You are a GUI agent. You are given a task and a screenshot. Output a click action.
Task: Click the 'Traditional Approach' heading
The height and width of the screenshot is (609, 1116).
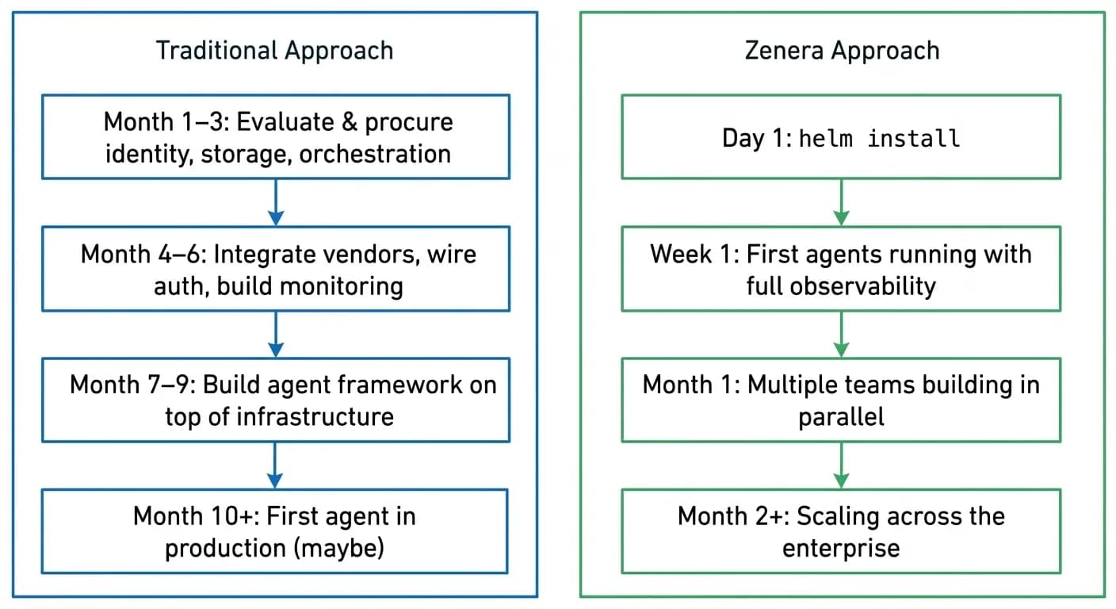click(x=274, y=51)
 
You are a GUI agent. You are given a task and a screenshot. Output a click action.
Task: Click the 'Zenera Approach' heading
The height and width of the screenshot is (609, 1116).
click(x=842, y=51)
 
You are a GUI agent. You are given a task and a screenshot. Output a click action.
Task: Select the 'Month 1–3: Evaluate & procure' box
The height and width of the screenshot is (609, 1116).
click(x=276, y=137)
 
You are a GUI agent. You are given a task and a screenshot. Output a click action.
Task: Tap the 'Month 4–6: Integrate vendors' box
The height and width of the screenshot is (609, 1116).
click(x=276, y=270)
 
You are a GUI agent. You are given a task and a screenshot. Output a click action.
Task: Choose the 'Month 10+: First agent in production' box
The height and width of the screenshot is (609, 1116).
click(x=274, y=531)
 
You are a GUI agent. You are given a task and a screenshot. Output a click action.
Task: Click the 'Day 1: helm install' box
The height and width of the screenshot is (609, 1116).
click(x=841, y=138)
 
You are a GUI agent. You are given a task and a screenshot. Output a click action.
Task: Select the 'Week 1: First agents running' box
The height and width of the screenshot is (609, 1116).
click(x=841, y=270)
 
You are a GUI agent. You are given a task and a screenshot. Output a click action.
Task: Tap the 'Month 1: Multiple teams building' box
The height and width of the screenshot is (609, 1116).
click(x=841, y=400)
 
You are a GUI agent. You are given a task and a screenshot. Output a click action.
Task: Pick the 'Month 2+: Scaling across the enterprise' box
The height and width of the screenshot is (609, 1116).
click(x=841, y=531)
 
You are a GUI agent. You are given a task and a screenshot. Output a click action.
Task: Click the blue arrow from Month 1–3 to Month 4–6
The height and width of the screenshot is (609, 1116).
click(x=275, y=203)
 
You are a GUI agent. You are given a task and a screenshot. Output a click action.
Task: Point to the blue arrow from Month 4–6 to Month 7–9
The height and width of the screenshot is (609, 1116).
click(x=275, y=334)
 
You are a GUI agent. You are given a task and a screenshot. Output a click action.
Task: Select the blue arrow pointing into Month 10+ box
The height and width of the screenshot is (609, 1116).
click(x=275, y=465)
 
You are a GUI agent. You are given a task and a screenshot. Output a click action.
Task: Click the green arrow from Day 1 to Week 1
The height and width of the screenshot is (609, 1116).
click(x=842, y=203)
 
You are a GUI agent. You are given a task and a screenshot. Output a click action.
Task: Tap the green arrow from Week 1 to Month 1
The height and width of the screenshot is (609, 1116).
click(x=842, y=334)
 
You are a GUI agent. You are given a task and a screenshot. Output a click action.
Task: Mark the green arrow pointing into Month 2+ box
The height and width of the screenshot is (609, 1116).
click(x=842, y=465)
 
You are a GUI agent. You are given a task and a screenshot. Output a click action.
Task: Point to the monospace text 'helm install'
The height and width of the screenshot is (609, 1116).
click(x=879, y=139)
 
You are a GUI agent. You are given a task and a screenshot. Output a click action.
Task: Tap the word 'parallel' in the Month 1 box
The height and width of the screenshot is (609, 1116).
click(x=841, y=416)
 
